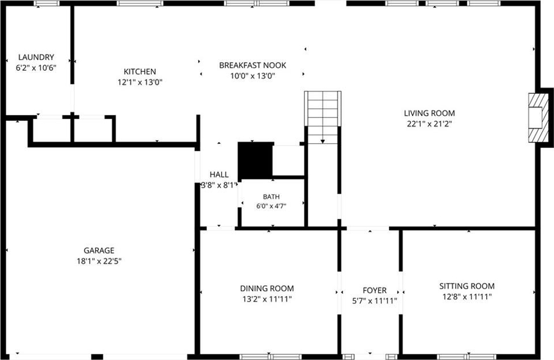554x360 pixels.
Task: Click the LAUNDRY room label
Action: click(x=36, y=58)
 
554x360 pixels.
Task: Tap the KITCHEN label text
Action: click(x=140, y=72)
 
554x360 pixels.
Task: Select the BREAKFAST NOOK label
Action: click(x=253, y=66)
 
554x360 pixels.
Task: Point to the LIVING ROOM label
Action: click(x=429, y=113)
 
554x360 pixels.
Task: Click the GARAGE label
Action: click(x=99, y=250)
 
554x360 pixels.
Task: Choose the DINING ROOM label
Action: click(x=267, y=289)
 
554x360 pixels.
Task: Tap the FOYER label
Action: click(x=375, y=290)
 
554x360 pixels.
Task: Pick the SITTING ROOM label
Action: click(x=467, y=286)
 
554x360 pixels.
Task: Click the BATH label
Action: click(x=271, y=197)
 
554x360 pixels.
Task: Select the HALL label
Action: click(x=219, y=174)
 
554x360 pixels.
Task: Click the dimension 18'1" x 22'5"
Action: click(x=99, y=261)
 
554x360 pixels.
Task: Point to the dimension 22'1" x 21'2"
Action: click(x=429, y=124)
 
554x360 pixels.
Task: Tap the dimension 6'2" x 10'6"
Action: click(x=36, y=68)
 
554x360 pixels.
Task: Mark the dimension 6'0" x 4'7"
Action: click(x=271, y=206)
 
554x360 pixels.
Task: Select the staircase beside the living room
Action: click(x=322, y=117)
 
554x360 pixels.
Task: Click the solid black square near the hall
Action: click(x=255, y=160)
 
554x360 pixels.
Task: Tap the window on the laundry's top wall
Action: click(x=47, y=3)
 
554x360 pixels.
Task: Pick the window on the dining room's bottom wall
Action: click(x=271, y=357)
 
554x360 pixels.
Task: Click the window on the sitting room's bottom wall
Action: click(x=467, y=357)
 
